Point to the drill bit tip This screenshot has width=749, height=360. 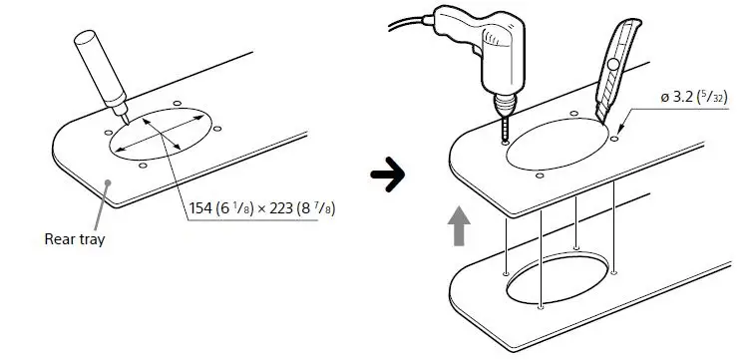[505, 139]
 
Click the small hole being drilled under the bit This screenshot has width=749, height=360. [504, 143]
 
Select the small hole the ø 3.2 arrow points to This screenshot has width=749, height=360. [615, 140]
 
